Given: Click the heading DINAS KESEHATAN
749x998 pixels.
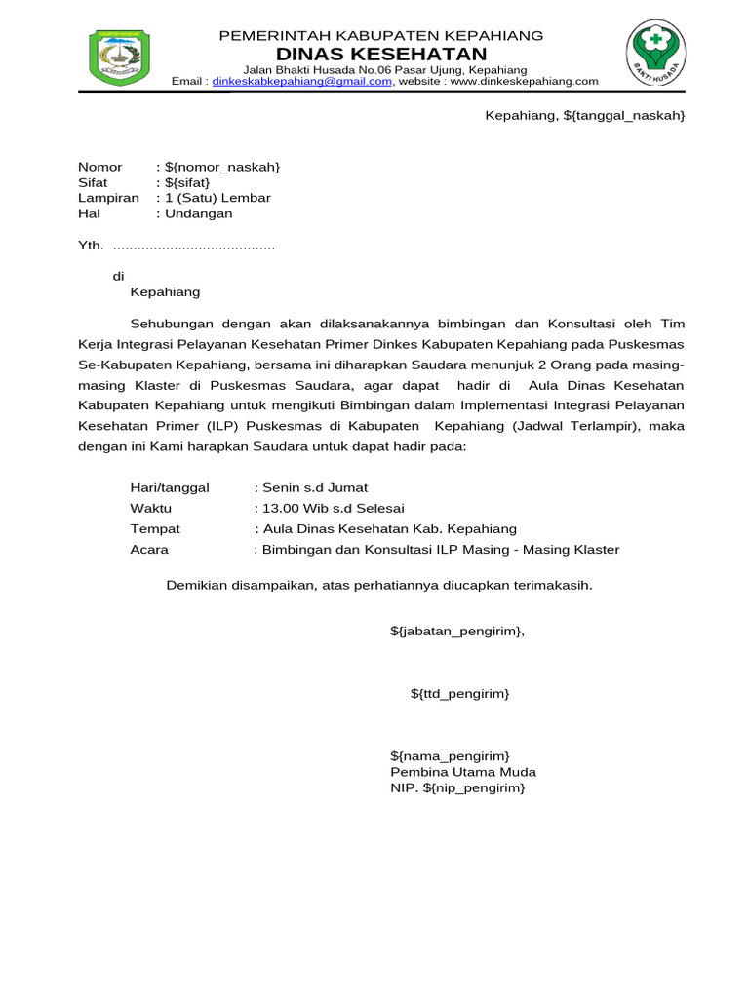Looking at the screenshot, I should pos(381,53).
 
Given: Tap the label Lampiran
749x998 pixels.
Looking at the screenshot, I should pos(108,198).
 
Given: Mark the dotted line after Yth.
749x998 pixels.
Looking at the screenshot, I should pos(194,247).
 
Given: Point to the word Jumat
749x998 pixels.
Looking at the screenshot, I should pos(347,487).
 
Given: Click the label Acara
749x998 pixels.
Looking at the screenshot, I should pos(149,549).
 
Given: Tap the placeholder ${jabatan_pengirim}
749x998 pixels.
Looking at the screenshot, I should pos(457,631).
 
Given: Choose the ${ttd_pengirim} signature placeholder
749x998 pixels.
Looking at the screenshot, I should pos(459,693).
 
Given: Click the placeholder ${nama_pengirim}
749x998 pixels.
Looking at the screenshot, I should pos(450,755).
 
